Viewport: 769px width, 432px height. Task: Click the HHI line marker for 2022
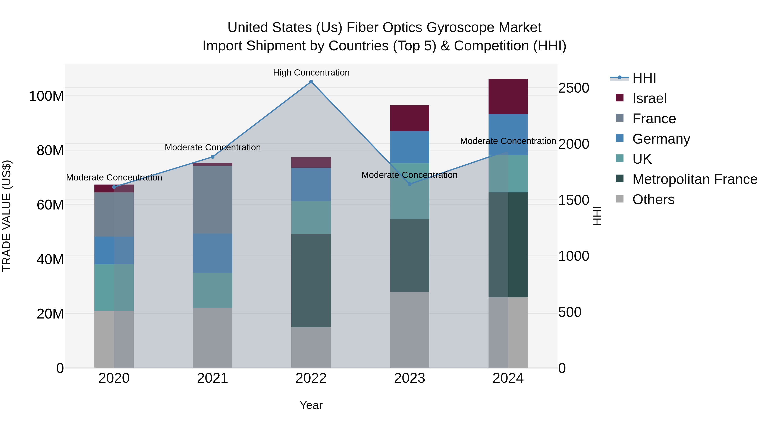[311, 82]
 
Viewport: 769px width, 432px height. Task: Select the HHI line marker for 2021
[213, 157]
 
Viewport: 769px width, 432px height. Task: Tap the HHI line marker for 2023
[409, 184]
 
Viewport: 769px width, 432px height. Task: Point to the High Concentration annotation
[311, 73]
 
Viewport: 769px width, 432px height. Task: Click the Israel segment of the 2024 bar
[508, 97]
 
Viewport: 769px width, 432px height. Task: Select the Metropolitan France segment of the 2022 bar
[311, 280]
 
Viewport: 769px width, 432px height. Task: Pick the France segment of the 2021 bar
[213, 199]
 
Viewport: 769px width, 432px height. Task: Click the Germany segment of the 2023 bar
[409, 147]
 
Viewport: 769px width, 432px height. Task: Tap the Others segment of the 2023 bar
[409, 330]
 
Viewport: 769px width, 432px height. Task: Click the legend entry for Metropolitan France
[695, 179]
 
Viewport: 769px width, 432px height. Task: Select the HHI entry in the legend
[644, 78]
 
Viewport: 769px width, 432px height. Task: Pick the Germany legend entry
[661, 139]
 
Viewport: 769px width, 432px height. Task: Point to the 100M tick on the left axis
[46, 96]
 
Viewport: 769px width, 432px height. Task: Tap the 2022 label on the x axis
[311, 378]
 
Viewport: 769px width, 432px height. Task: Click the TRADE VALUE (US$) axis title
[7, 216]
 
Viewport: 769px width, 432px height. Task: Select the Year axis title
[311, 405]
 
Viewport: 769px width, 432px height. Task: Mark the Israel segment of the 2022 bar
[311, 163]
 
